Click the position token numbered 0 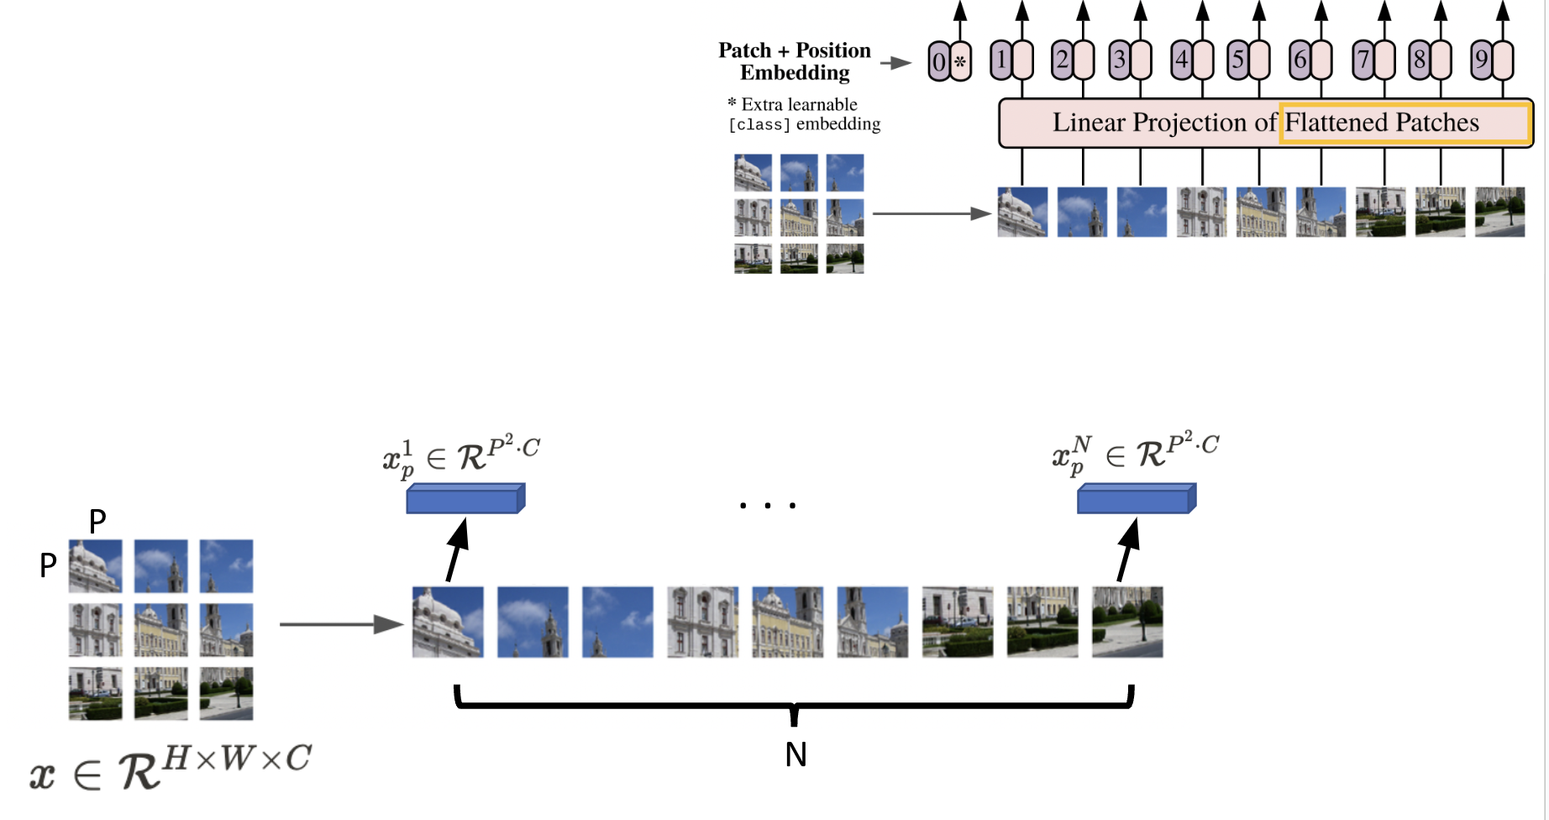(x=938, y=61)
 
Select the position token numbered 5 (x=1237, y=60)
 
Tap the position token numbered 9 (x=1481, y=60)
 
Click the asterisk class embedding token (x=960, y=61)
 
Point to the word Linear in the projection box (x=1090, y=123)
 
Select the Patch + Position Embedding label (x=795, y=61)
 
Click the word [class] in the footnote (x=759, y=125)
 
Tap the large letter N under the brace (x=796, y=754)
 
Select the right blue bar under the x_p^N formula (x=1136, y=499)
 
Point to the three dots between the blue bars (x=768, y=506)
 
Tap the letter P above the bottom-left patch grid (x=97, y=521)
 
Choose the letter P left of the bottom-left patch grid (x=48, y=565)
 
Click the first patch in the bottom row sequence (x=448, y=622)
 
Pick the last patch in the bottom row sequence (x=1127, y=622)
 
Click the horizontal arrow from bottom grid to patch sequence (x=340, y=624)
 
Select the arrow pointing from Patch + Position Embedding (x=896, y=62)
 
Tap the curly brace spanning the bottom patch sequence (x=794, y=704)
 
